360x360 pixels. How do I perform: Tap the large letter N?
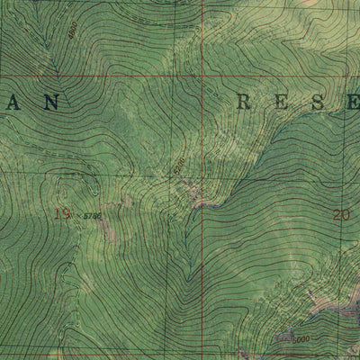51,103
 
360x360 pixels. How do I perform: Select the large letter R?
242,102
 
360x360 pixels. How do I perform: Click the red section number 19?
61,213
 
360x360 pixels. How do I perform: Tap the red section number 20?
340,214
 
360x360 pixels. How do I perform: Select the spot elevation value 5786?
92,216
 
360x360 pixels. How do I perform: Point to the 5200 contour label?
179,167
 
